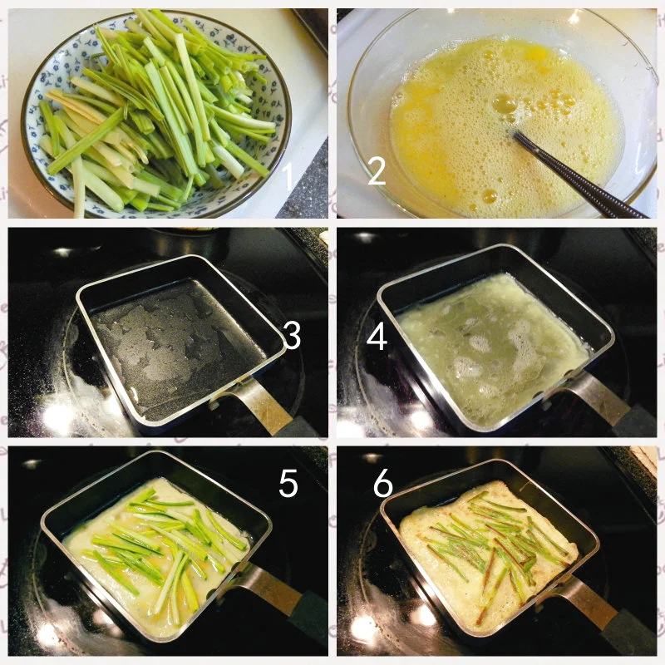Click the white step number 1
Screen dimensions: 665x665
288,176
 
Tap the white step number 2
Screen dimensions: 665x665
377,171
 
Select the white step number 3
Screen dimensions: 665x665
292,335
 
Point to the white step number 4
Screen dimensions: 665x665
377,337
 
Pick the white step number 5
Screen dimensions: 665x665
288,483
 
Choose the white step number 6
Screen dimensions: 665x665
383,483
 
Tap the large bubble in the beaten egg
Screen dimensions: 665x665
504,102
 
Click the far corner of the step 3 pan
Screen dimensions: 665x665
193,256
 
